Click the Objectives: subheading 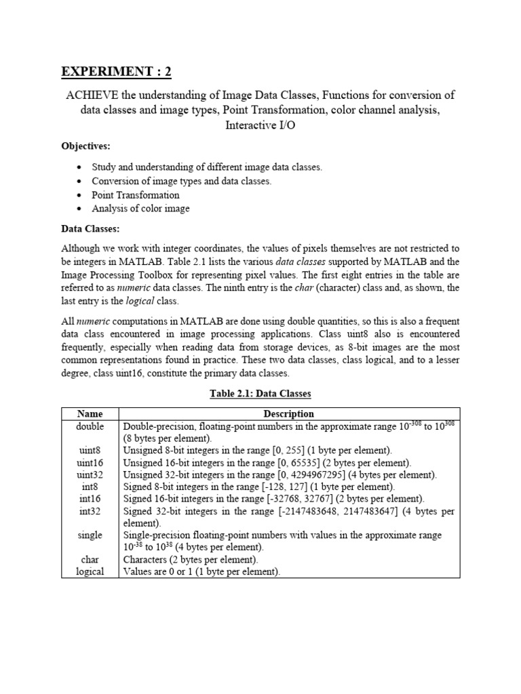pos(86,146)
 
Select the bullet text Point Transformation pos(136,195)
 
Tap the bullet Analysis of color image pos(140,209)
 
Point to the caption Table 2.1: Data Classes pos(260,393)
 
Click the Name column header pos(90,413)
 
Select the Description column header pos(288,413)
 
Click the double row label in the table pos(90,426)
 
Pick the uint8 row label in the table pos(90,450)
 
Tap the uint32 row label pos(90,474)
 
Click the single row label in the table pos(90,535)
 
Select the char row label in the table pos(90,560)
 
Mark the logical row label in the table pos(90,572)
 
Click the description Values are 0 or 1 pos(162,572)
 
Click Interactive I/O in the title pos(260,125)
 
